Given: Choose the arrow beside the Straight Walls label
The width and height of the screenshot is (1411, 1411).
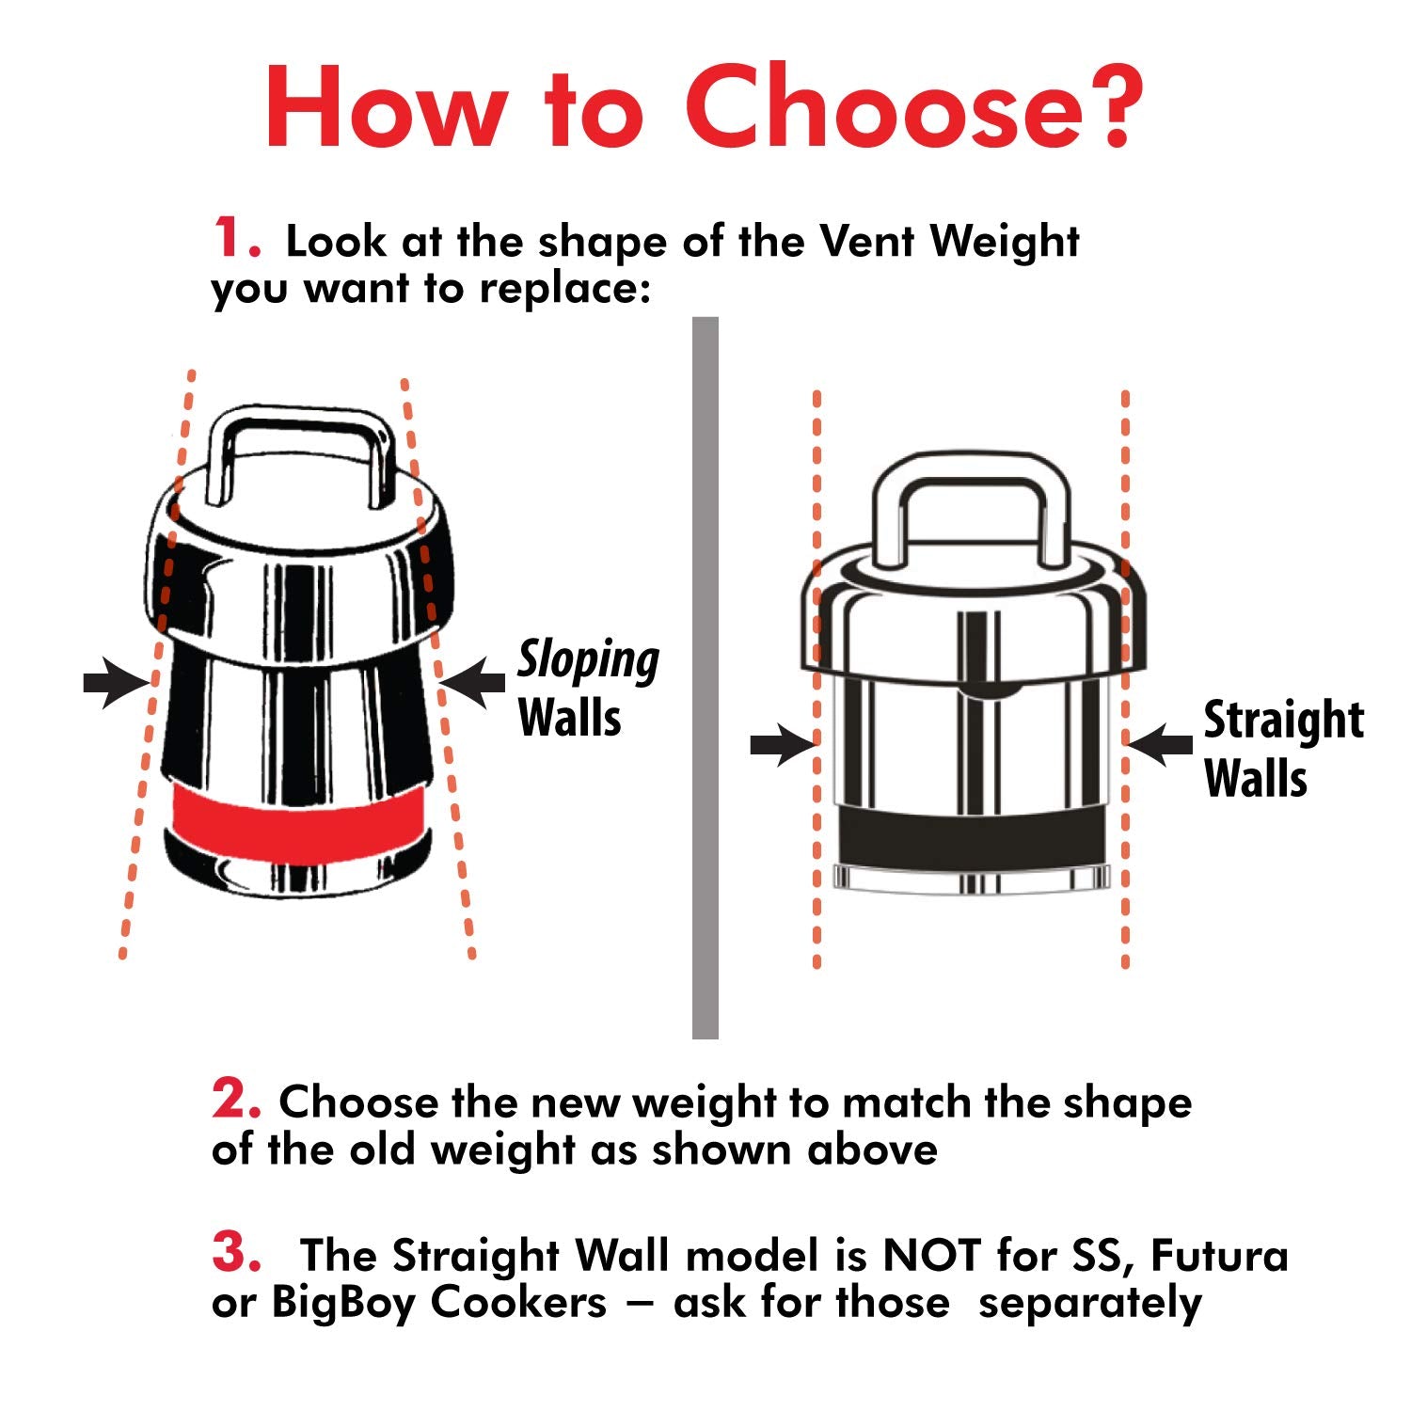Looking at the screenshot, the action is [x=1160, y=745].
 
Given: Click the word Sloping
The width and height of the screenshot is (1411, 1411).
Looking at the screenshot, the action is [x=589, y=661].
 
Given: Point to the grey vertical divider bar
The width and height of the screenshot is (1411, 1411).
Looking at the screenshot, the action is [x=705, y=678].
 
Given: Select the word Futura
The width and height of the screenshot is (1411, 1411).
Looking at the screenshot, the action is [x=1219, y=1255].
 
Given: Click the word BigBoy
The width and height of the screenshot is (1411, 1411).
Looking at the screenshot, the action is [x=345, y=1303].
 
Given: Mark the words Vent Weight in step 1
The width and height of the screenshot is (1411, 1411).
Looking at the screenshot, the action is [x=950, y=243].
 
